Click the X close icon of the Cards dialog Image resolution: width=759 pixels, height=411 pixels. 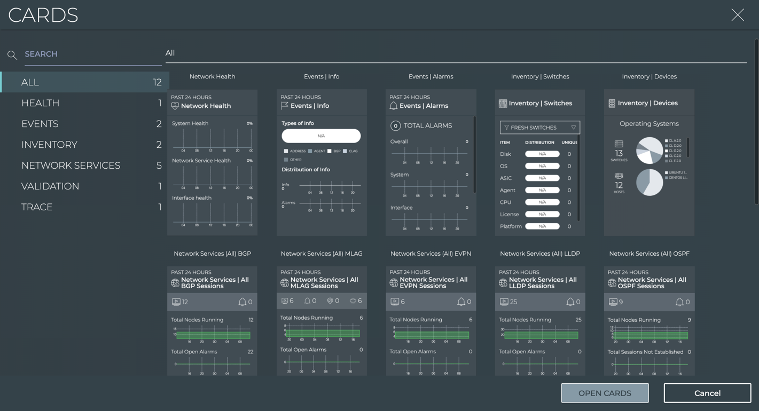(x=738, y=15)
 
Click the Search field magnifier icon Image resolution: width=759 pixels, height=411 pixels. (x=12, y=54)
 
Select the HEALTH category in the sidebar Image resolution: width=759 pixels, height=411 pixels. (x=41, y=103)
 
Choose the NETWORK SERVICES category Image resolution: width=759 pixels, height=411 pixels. (x=71, y=165)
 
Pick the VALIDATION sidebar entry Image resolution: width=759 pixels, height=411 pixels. (x=50, y=186)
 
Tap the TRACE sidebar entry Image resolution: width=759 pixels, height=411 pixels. (x=37, y=207)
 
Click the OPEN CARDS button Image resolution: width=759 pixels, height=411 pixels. (x=605, y=393)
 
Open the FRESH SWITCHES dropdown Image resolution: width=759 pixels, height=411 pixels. (x=539, y=128)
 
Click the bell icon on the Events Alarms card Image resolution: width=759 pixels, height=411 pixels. (x=394, y=106)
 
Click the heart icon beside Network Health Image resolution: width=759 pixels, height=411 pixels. (x=175, y=106)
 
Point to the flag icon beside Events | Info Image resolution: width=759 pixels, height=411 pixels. (x=285, y=106)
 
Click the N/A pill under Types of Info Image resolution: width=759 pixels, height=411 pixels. (x=321, y=136)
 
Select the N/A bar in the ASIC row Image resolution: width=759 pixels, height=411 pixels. (x=542, y=178)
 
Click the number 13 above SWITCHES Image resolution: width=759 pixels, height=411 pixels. (x=619, y=154)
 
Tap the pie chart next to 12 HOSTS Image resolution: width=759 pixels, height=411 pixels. (x=650, y=183)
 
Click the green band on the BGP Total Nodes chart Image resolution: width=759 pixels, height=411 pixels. (x=213, y=335)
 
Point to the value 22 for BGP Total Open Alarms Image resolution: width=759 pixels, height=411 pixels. (x=250, y=352)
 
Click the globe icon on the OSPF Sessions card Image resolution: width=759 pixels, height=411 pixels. (x=612, y=283)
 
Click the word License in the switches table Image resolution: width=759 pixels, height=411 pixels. (x=509, y=215)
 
